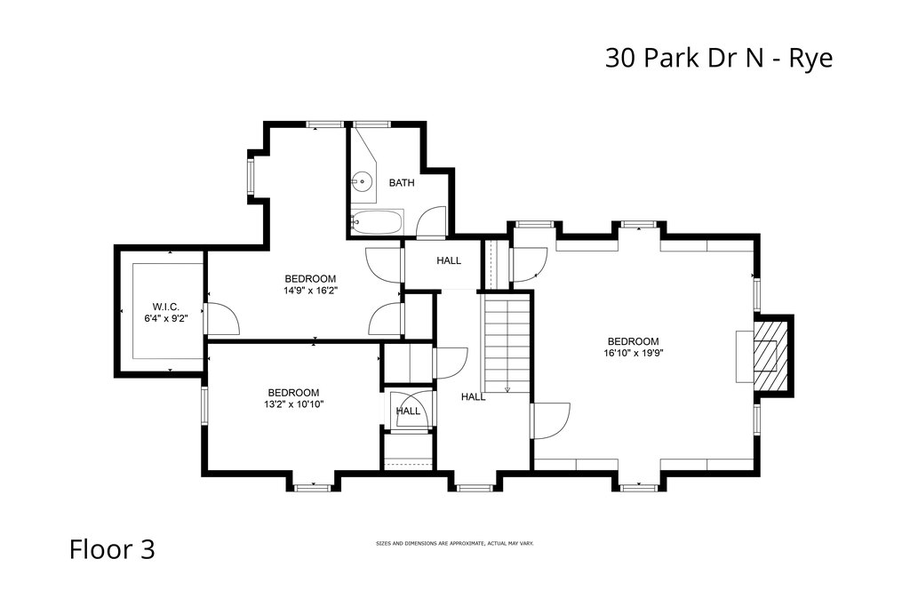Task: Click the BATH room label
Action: pos(402,183)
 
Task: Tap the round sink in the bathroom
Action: pos(361,181)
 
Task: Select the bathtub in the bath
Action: pos(377,222)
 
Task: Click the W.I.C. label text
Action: pos(166,307)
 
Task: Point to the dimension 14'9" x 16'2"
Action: pos(310,290)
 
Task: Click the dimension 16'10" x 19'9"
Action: pos(633,353)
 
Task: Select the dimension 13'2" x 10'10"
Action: pos(293,403)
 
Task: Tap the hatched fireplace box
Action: pos(770,356)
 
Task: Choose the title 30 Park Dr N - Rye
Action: pos(719,58)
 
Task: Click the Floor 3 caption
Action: pos(112,549)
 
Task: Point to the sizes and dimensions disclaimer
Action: pos(455,544)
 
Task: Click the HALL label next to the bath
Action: pos(449,260)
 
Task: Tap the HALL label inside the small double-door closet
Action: pos(408,411)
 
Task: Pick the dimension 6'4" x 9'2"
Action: pos(166,318)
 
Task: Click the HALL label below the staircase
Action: pos(474,397)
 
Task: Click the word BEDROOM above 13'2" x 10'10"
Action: pos(293,392)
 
